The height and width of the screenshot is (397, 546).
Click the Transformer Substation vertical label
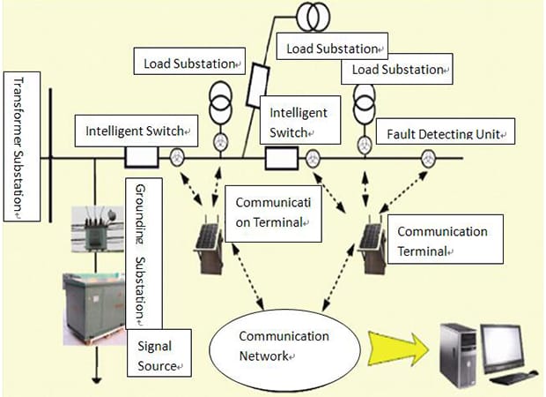(22, 146)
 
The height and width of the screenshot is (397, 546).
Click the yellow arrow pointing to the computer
(399, 348)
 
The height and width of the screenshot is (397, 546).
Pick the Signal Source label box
(159, 353)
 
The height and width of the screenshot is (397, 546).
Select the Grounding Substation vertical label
(144, 253)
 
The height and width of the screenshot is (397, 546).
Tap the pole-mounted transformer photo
(98, 229)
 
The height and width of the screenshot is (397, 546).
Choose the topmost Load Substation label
(332, 46)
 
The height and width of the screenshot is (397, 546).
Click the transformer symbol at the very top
(313, 17)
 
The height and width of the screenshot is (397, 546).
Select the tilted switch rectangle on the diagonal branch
(258, 85)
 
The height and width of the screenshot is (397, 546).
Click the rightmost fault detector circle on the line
(428, 159)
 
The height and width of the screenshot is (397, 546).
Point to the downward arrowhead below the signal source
(97, 380)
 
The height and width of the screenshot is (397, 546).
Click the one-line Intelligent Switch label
(136, 131)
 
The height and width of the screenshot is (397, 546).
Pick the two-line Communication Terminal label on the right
(446, 239)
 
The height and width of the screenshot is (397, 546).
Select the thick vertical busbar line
(51, 155)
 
